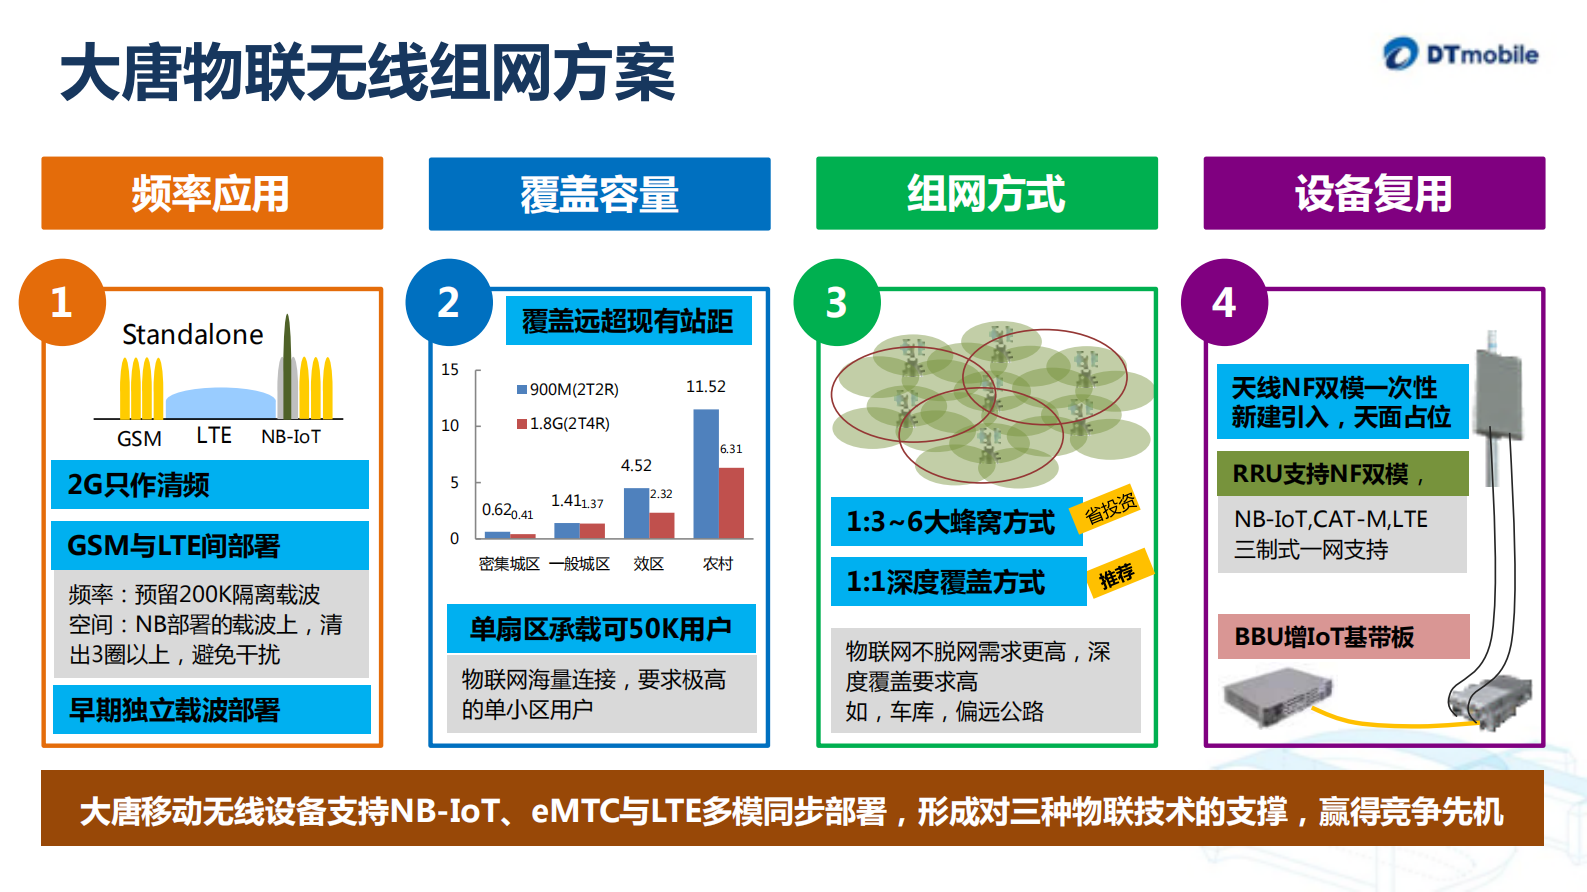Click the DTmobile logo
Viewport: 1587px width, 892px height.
pos(1461,54)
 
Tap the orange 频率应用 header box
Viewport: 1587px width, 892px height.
pos(212,193)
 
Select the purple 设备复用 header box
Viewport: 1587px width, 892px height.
pos(1374,193)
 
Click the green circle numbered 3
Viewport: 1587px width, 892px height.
pos(836,303)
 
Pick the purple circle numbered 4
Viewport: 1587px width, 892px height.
pos(1223,303)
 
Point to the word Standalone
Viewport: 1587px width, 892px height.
pos(193,334)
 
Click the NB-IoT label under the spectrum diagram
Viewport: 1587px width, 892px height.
pos(291,437)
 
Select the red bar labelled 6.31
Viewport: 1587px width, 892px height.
pos(732,503)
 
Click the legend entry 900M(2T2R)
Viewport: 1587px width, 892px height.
pos(568,389)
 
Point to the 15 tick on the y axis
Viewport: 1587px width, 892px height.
pos(450,369)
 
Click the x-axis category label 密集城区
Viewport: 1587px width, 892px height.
pos(509,564)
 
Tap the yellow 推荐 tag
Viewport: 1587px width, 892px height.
pos(1118,575)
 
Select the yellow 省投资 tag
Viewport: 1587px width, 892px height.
pos(1110,509)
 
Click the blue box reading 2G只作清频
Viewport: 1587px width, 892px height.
pos(210,485)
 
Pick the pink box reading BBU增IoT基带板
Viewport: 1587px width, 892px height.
pos(1343,636)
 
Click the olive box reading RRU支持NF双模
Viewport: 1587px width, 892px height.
pos(1342,473)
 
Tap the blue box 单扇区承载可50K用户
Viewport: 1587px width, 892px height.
pos(601,629)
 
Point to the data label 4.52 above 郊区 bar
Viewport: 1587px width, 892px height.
pos(636,465)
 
